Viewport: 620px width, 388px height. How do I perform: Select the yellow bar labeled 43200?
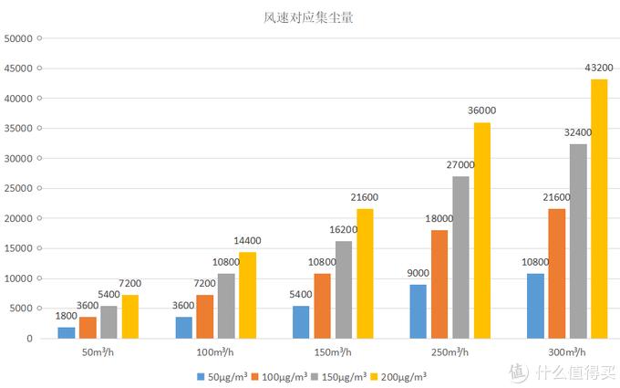(598, 208)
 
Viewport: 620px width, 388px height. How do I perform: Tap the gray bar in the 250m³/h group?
(460, 257)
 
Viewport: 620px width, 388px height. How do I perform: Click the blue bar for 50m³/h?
(67, 332)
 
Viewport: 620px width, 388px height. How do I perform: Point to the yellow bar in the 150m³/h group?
(365, 273)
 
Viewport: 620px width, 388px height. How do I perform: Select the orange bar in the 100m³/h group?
(205, 316)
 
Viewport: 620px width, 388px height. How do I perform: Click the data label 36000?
(481, 110)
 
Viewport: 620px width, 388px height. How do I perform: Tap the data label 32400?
(576, 132)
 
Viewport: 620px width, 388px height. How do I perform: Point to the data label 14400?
(248, 240)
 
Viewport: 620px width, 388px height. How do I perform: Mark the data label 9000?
(418, 272)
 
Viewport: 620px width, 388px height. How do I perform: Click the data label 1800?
(67, 316)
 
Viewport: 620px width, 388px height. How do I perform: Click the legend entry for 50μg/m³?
(220, 375)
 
